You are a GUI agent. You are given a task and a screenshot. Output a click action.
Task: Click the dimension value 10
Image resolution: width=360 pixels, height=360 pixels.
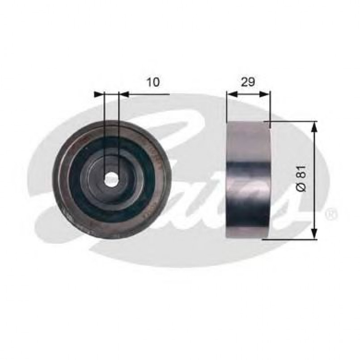[x=153, y=81]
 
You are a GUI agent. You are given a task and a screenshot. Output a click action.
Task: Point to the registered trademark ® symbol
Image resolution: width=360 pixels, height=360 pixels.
[x=331, y=215]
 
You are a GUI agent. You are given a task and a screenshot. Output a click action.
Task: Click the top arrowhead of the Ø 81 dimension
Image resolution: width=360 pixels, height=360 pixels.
[x=314, y=127]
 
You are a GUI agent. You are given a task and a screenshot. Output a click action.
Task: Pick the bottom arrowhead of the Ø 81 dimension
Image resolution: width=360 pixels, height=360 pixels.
[x=314, y=233]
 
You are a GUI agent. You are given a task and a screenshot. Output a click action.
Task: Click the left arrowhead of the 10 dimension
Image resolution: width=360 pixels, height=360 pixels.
[x=99, y=94]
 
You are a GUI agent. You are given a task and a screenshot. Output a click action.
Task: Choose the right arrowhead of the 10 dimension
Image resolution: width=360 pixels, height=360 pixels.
[x=124, y=94]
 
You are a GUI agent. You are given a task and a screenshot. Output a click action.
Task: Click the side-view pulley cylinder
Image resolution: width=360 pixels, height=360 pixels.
[x=249, y=179]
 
